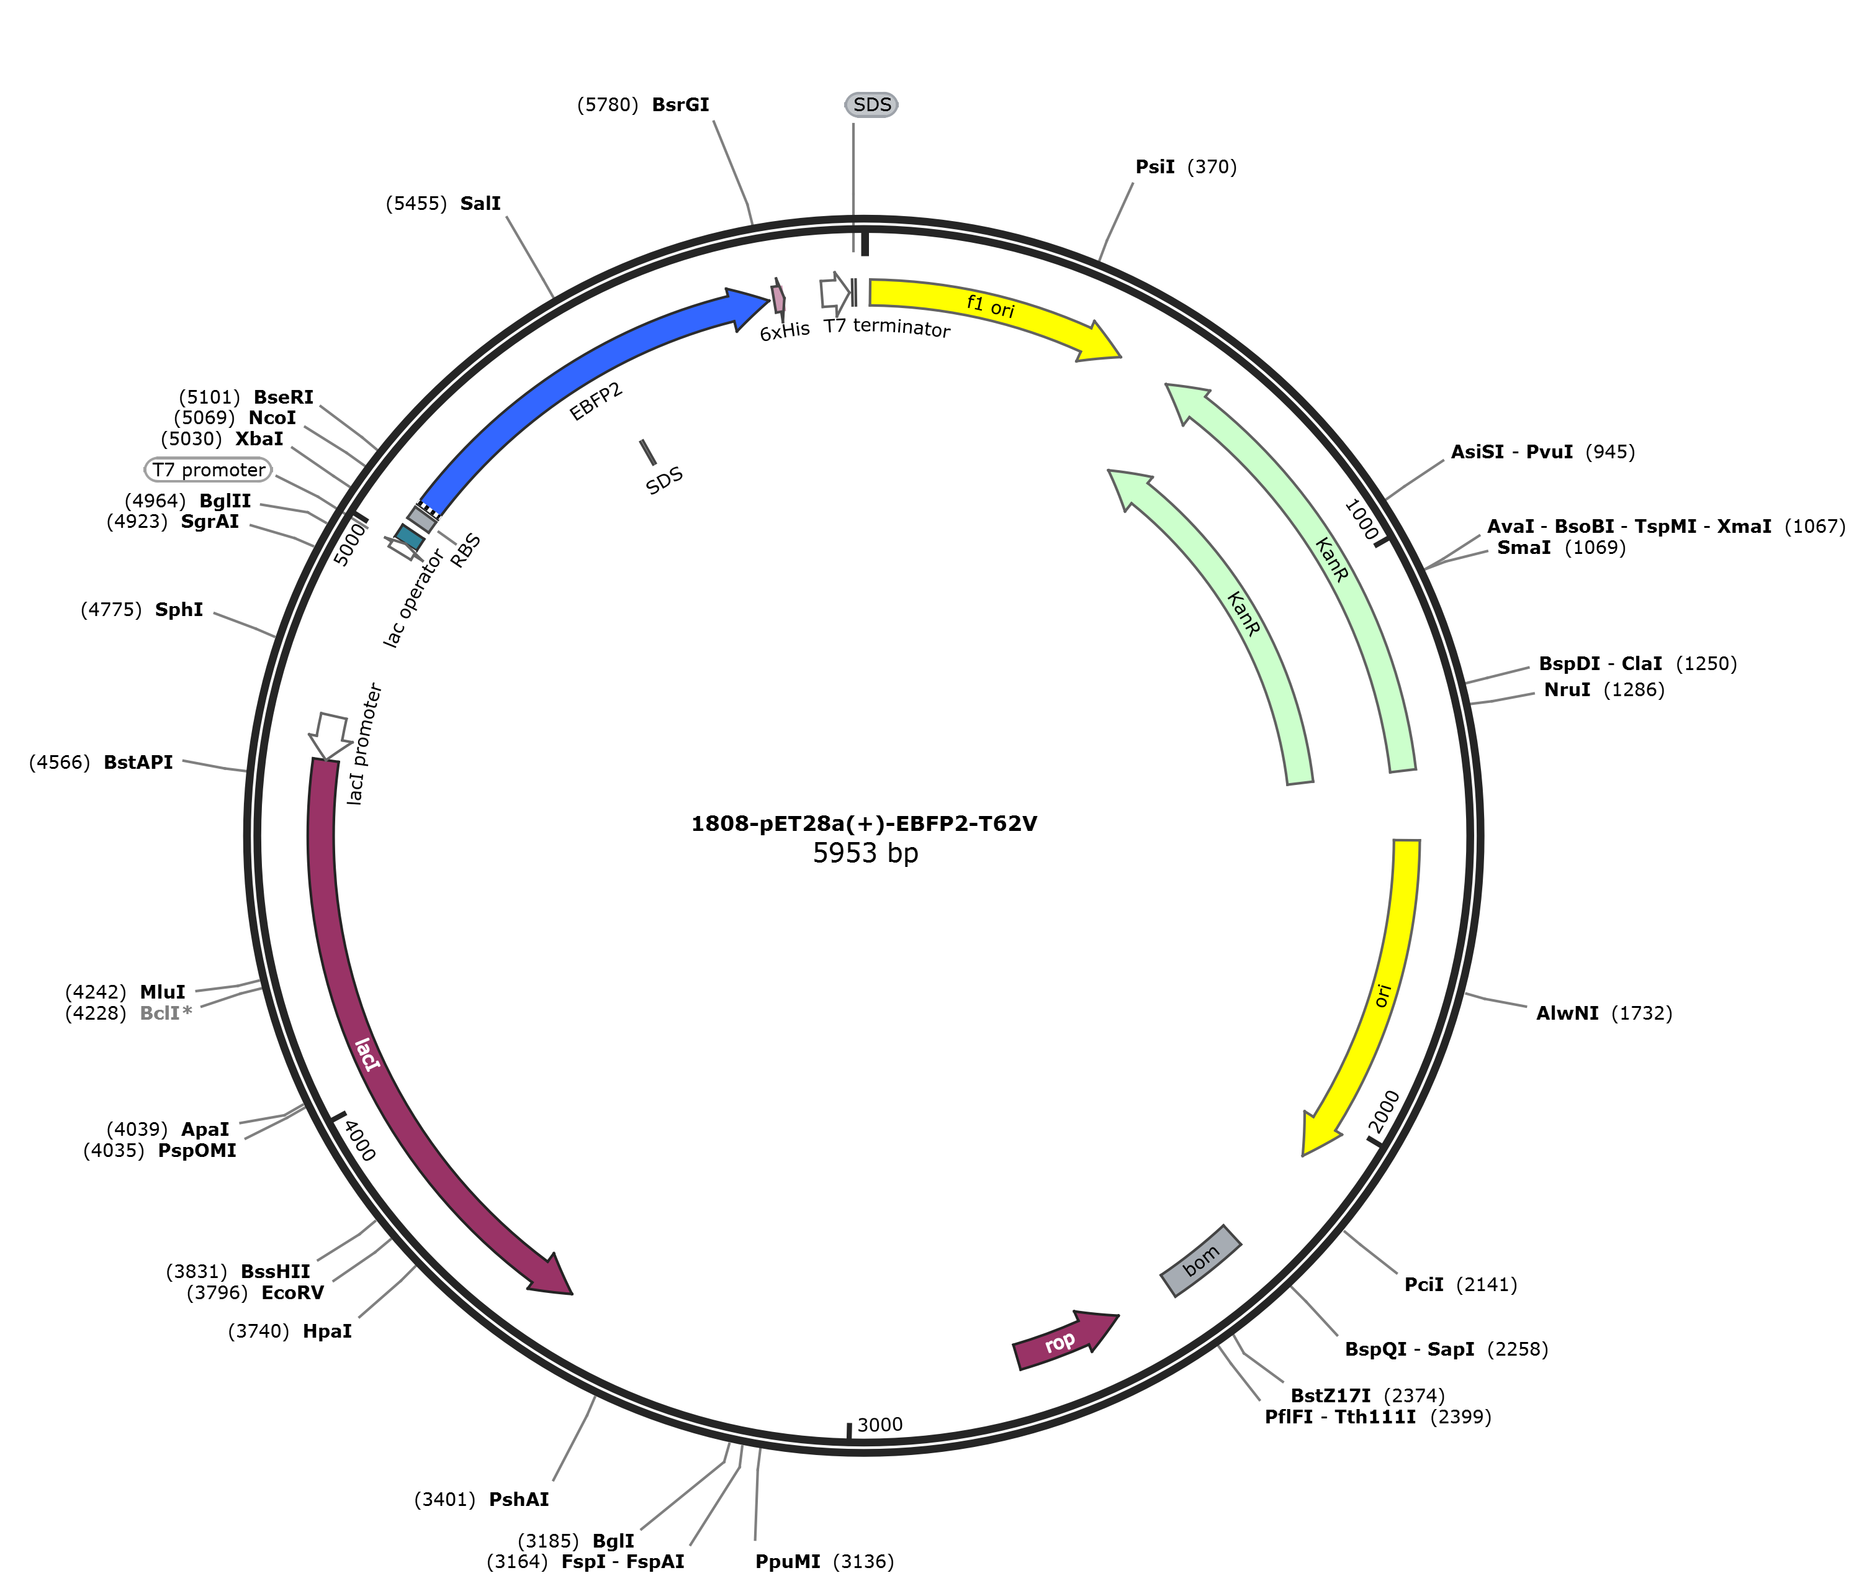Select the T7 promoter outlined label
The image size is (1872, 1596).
(209, 470)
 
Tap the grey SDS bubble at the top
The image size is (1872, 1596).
(872, 105)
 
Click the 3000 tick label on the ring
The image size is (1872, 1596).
(880, 1425)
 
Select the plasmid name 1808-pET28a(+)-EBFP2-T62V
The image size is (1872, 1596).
(864, 823)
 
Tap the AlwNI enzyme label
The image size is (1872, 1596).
(1567, 1013)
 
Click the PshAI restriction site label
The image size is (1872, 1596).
(519, 1499)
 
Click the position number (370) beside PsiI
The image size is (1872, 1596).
(1212, 166)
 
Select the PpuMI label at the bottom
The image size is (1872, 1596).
(788, 1562)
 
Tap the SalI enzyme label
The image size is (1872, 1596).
(480, 203)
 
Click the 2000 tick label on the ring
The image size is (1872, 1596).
(1384, 1112)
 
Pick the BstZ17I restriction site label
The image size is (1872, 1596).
(1330, 1395)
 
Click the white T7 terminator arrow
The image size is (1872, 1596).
(834, 292)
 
